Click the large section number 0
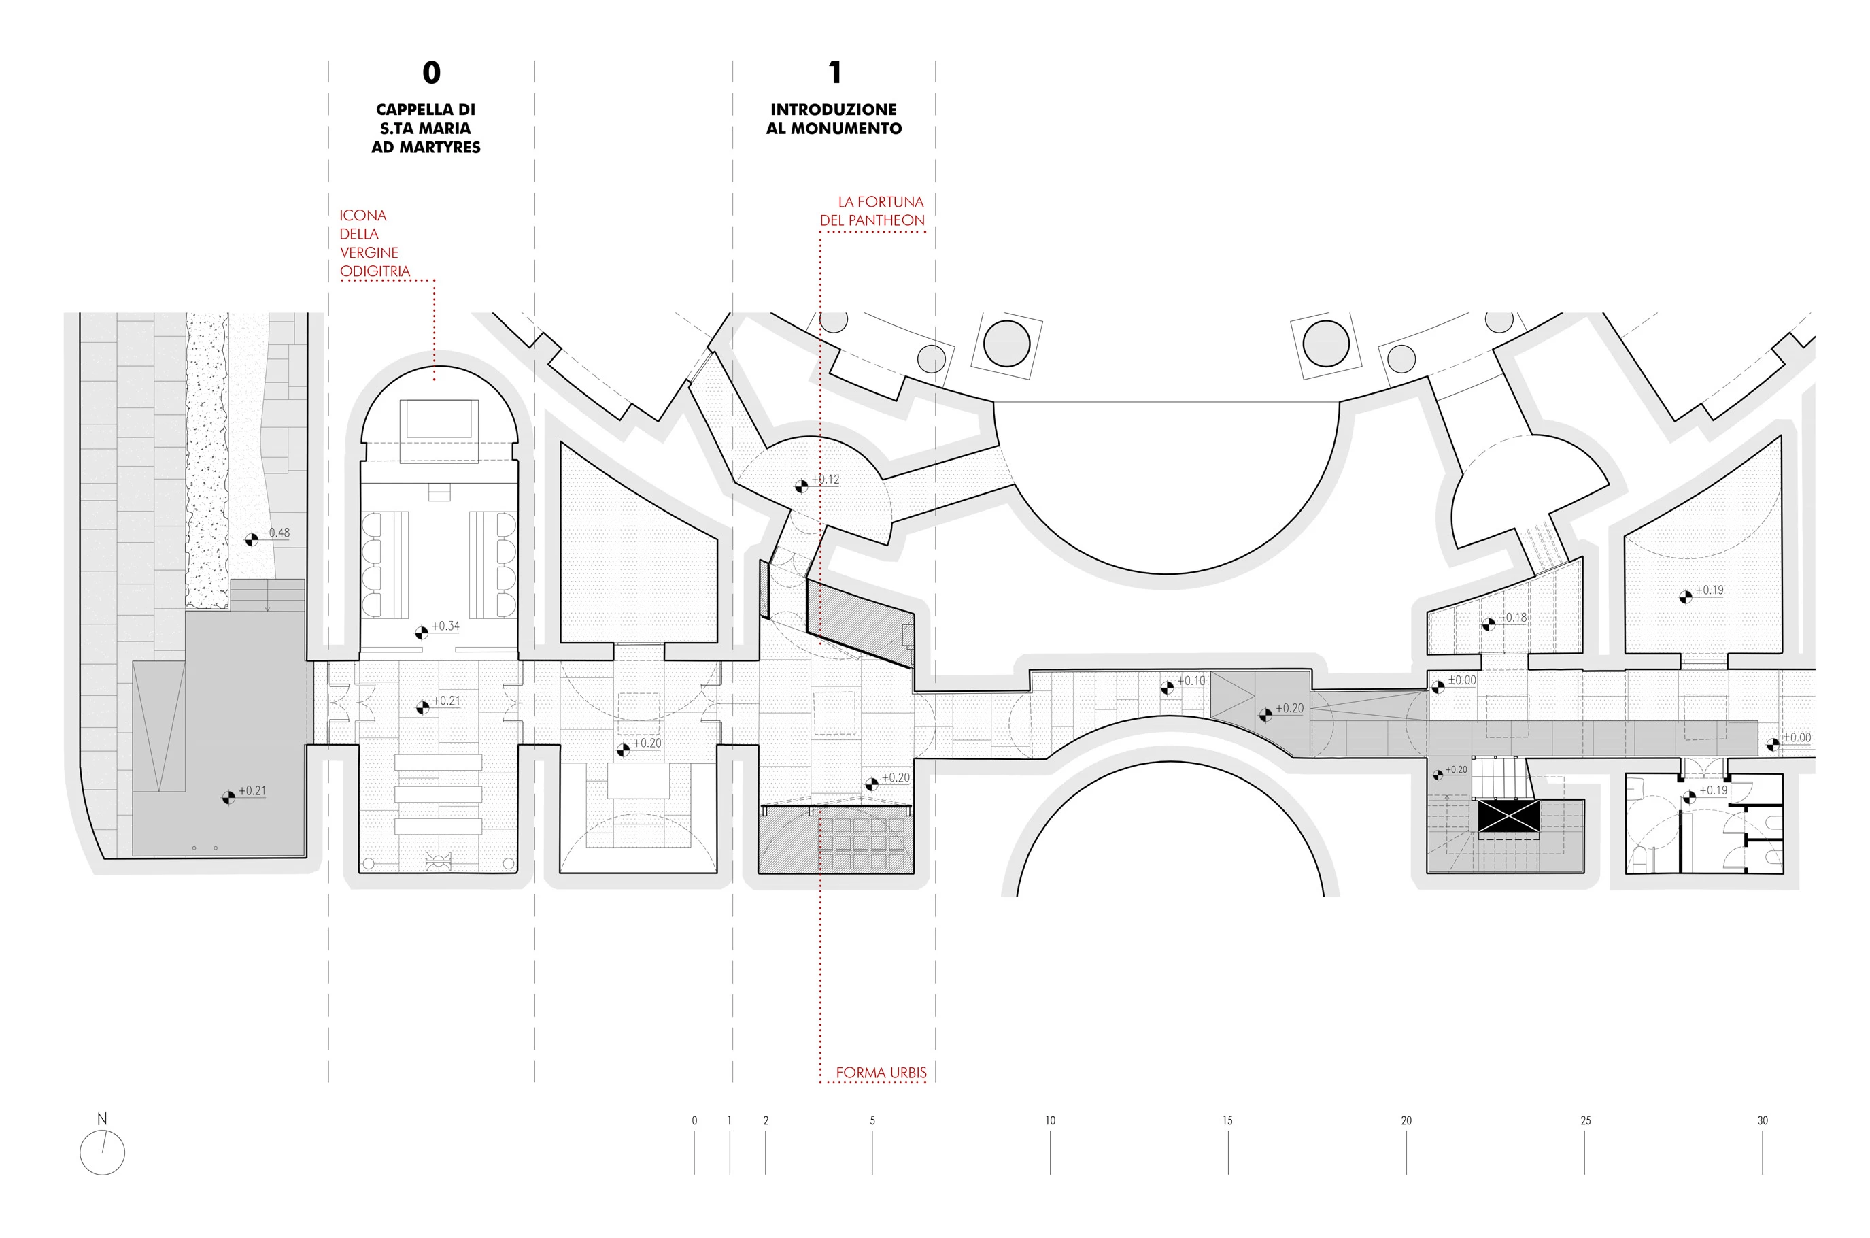(431, 73)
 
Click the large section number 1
(835, 73)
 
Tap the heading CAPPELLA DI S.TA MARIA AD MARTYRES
(426, 128)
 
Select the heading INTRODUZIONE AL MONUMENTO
(834, 118)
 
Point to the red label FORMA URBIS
(881, 1072)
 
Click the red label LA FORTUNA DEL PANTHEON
(872, 211)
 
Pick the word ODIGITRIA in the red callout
(375, 271)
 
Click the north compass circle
(103, 1152)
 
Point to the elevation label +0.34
(445, 625)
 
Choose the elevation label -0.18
(1512, 617)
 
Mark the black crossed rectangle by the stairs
(1508, 816)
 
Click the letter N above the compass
(102, 1118)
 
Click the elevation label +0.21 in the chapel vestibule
(446, 701)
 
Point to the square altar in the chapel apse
(439, 419)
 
